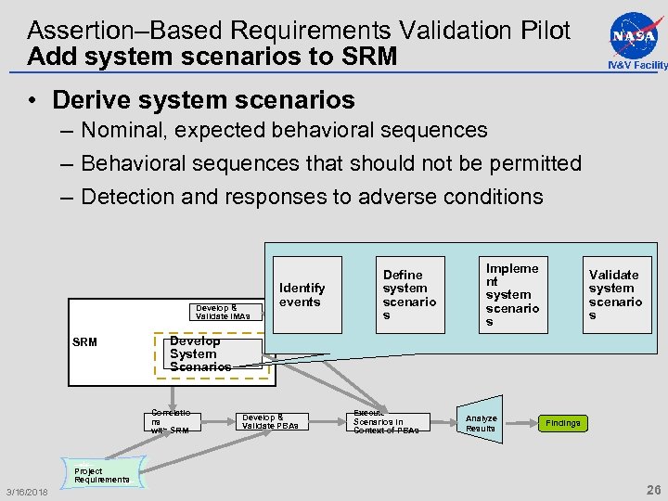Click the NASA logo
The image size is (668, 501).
pyautogui.click(x=634, y=34)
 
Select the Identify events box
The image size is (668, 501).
pyautogui.click(x=302, y=295)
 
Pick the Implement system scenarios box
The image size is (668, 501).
pyautogui.click(x=512, y=294)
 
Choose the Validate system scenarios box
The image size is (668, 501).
pyautogui.click(x=614, y=294)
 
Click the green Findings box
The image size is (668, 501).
pyautogui.click(x=562, y=423)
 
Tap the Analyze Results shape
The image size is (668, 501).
pyautogui.click(x=481, y=423)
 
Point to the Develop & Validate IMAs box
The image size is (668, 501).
pyautogui.click(x=223, y=312)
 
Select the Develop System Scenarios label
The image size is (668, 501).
pyautogui.click(x=199, y=353)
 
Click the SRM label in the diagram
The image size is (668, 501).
pyautogui.click(x=84, y=342)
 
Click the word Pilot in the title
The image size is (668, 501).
pyautogui.click(x=542, y=30)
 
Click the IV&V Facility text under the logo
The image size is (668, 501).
pyautogui.click(x=636, y=65)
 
